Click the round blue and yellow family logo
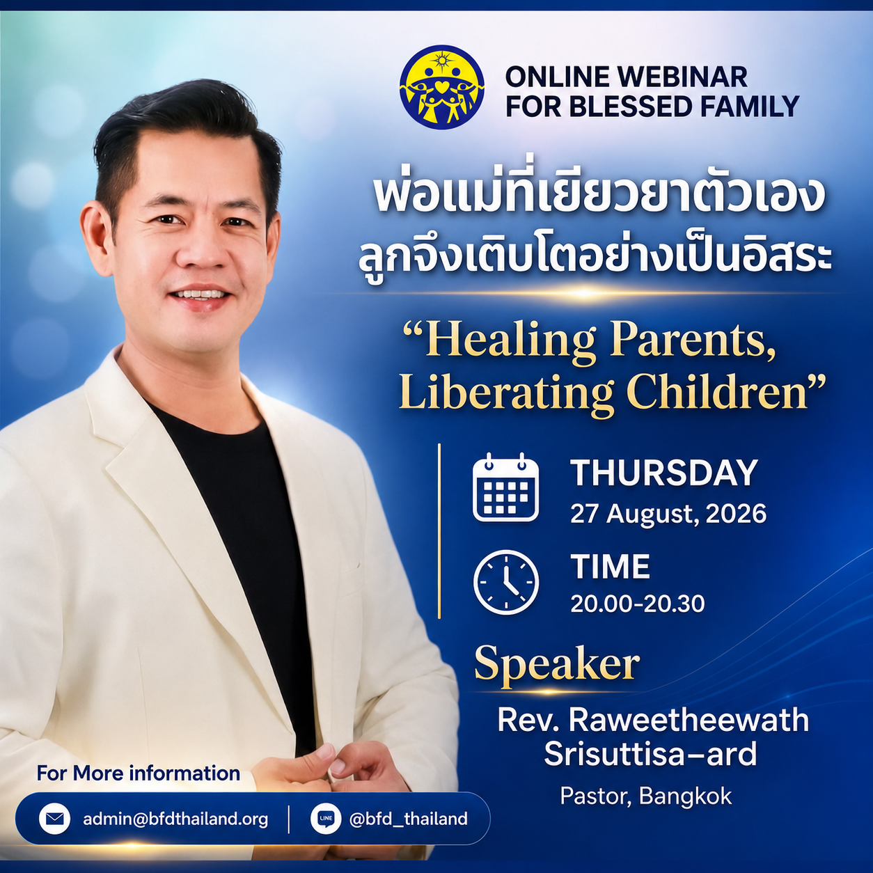pos(441,87)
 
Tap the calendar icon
pos(505,487)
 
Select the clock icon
pos(505,583)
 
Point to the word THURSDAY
pos(663,473)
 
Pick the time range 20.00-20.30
pos(637,604)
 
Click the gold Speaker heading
pos(557,664)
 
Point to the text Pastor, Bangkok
pos(645,796)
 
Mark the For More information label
pos(138,773)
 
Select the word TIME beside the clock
pos(610,566)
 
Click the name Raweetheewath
pos(689,720)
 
